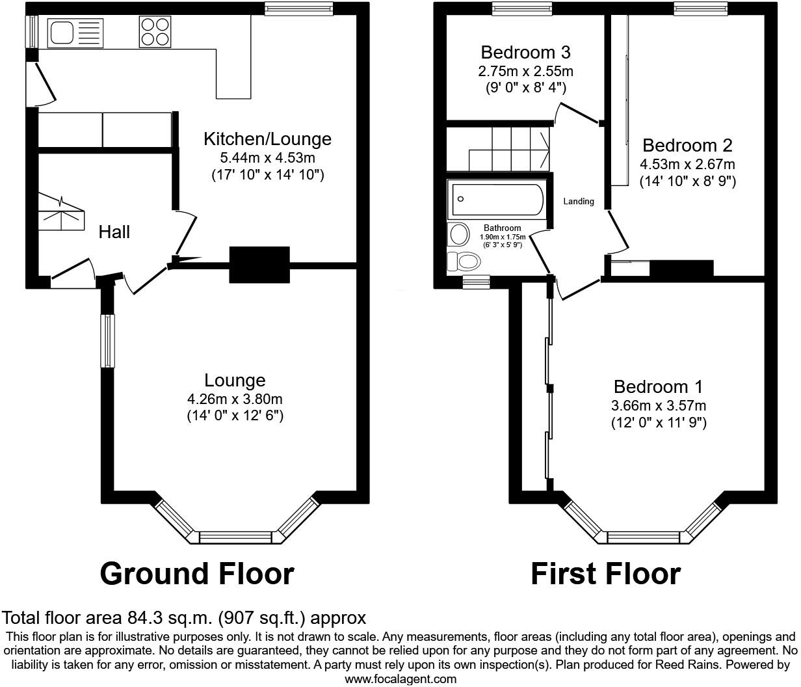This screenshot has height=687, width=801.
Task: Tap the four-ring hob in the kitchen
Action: (x=154, y=31)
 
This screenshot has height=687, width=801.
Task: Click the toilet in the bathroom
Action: (x=464, y=262)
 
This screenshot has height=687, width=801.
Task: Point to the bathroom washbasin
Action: (x=459, y=234)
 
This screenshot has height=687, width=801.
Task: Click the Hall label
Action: (x=114, y=232)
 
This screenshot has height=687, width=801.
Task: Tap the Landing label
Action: (x=578, y=201)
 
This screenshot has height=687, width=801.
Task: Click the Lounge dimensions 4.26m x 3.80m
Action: (x=235, y=399)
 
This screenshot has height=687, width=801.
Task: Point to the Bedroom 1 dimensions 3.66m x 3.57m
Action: (x=658, y=406)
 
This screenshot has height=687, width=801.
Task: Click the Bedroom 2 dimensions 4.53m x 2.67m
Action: (x=687, y=164)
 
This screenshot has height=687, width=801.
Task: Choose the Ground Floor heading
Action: (x=197, y=574)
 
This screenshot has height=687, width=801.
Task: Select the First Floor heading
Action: (x=605, y=574)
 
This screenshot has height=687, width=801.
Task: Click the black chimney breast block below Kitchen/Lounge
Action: (x=259, y=264)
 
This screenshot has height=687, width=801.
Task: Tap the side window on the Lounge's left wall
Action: (x=107, y=341)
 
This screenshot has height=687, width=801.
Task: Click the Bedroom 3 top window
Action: (x=521, y=8)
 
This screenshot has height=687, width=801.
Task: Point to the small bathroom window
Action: (x=476, y=282)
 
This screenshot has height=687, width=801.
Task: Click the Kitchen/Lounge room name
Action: (x=267, y=139)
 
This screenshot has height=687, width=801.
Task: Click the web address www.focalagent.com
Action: (x=400, y=679)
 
